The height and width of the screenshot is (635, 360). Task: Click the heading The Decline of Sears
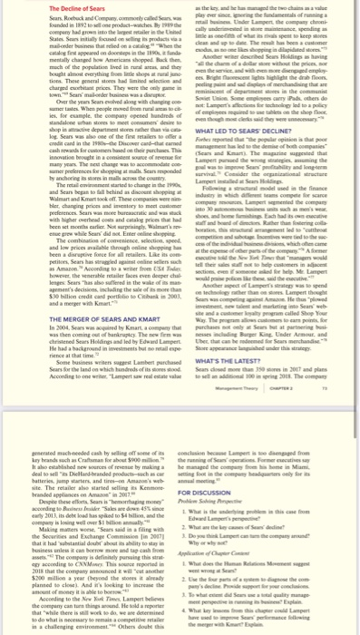tap(36, 7)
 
